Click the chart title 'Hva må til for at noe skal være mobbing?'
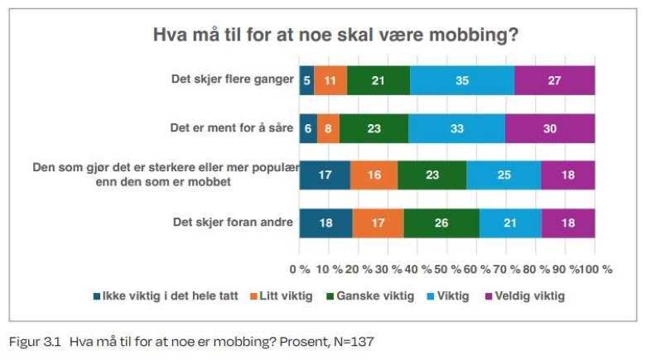click(335, 35)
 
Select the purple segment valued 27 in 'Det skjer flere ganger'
click(554, 80)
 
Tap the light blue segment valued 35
click(461, 80)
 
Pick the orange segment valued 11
click(330, 80)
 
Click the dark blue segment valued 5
click(306, 80)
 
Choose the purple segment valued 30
click(550, 128)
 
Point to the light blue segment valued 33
click(456, 128)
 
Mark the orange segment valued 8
click(328, 128)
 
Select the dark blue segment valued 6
click(308, 128)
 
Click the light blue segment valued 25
click(504, 175)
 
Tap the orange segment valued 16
click(374, 175)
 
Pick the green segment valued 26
click(441, 223)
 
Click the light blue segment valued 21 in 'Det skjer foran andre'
click(510, 223)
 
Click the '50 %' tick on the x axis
click(448, 269)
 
